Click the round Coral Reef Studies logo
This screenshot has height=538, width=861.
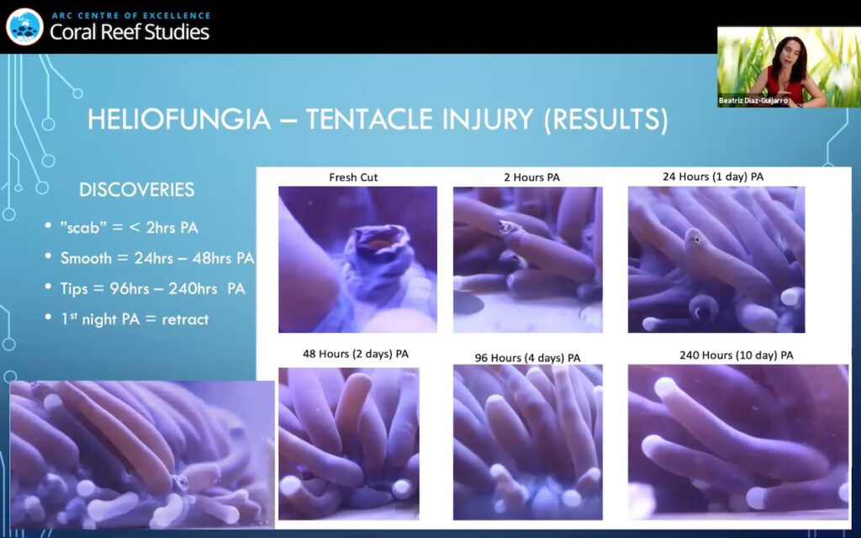24,26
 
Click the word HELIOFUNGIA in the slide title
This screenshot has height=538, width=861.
179,119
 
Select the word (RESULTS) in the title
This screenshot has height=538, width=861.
606,120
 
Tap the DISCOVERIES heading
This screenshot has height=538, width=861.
137,190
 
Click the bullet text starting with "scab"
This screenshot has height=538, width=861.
129,227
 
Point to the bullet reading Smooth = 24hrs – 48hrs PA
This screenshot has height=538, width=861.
157,258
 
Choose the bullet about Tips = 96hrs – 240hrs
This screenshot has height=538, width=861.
153,289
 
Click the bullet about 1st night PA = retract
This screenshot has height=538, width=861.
134,319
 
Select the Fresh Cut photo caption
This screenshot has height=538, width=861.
353,177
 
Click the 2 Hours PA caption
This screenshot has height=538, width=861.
531,177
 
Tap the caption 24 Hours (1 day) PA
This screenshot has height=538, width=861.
713,177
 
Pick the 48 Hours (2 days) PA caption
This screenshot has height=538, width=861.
356,354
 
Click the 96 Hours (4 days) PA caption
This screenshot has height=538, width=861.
527,358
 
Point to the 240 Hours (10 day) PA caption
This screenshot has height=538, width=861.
736,356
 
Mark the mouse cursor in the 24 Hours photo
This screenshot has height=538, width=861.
697,240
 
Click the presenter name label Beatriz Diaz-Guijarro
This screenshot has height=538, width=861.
753,101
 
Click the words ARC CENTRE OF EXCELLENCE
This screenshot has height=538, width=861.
130,15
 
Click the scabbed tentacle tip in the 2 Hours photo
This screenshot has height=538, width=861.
506,227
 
